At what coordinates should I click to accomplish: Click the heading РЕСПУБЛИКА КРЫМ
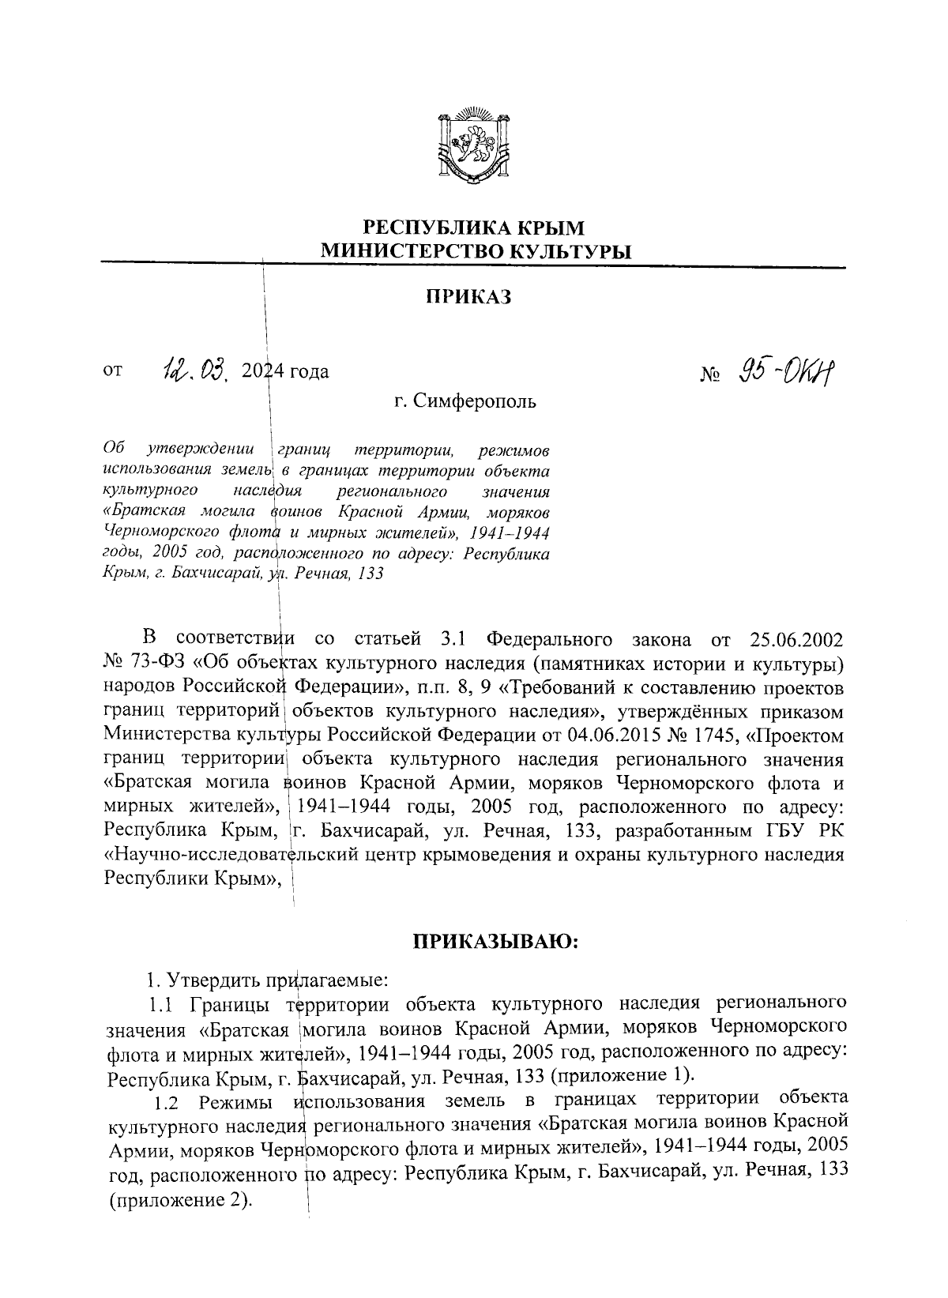(x=474, y=228)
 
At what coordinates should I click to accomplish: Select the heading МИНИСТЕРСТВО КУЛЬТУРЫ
(x=475, y=252)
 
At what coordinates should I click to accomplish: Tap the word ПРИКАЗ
(x=469, y=297)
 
